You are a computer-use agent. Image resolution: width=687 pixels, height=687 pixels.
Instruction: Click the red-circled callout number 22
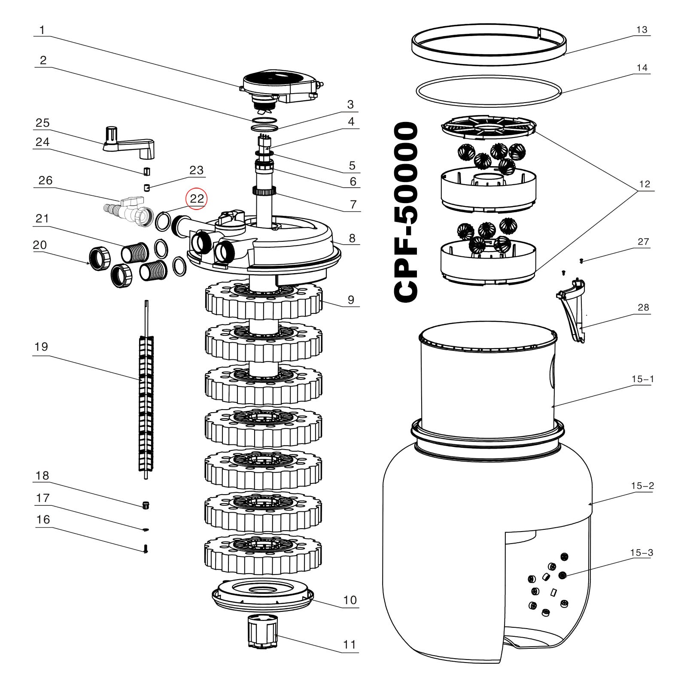[x=196, y=199]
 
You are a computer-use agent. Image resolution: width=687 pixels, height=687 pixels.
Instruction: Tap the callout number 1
[x=42, y=30]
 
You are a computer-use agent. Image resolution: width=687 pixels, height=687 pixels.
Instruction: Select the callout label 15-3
[x=641, y=553]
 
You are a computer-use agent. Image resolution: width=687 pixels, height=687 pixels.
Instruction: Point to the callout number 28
[x=643, y=307]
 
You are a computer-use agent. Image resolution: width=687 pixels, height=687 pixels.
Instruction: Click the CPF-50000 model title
[x=406, y=212]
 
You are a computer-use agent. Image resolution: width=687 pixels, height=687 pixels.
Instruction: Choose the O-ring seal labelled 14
[x=489, y=91]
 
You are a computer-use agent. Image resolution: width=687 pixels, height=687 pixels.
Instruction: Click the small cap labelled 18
[x=146, y=505]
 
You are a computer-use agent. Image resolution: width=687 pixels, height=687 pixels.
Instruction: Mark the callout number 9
[x=351, y=300]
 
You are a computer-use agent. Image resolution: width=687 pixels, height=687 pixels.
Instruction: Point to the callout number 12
[x=644, y=184]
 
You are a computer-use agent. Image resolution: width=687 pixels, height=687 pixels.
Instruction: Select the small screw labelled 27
[x=581, y=261]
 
